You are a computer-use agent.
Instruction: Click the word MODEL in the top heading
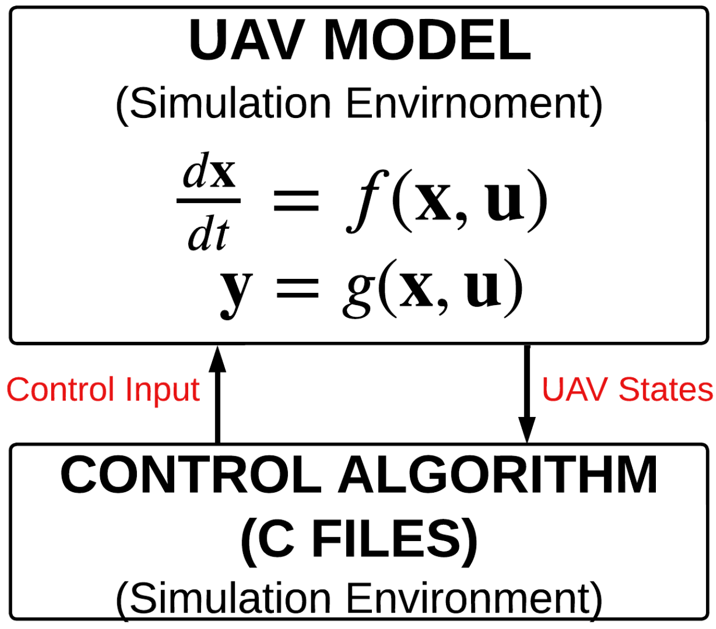click(427, 42)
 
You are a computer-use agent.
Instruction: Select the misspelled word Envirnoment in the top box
click(473, 104)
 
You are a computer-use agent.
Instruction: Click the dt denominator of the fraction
click(208, 234)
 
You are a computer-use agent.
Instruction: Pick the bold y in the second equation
click(237, 290)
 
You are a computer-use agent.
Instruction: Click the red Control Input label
click(103, 390)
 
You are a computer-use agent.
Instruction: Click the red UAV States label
click(627, 390)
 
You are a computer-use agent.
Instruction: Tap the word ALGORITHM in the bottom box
click(498, 476)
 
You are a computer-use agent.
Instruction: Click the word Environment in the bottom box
click(473, 599)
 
